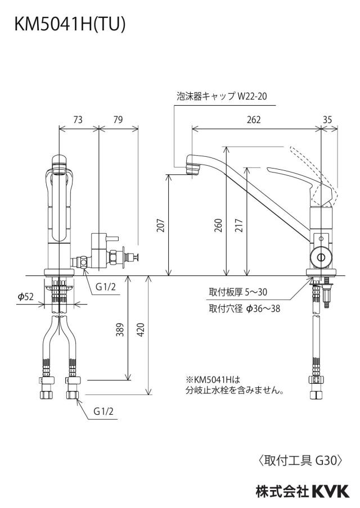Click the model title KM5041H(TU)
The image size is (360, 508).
point(69,24)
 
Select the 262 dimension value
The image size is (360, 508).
point(254,120)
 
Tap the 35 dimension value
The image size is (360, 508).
point(327,120)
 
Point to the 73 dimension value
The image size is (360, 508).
point(78,120)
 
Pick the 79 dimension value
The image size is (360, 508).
point(118,120)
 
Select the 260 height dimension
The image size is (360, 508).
point(219,225)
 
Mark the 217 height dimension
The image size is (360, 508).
point(238,225)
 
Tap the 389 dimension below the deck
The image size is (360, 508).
point(120,329)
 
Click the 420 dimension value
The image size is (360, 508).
point(141,329)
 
